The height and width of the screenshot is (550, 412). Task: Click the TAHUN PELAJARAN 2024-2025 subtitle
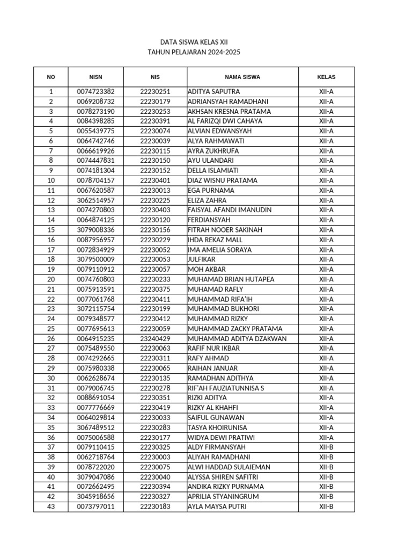coord(194,52)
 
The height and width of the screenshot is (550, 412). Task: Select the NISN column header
coord(95,77)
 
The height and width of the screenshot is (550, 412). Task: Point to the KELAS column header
coord(326,77)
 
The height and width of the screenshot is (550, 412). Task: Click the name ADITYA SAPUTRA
coord(214,92)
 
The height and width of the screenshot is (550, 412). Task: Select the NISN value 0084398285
coord(95,121)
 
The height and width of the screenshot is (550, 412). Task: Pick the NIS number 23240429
coord(155,339)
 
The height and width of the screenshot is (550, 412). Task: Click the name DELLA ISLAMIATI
coord(214,171)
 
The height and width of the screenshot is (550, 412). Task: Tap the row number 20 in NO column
coord(51,279)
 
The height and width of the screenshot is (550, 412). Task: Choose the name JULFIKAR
coord(202,259)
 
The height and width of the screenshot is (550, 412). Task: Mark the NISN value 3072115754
coord(95,309)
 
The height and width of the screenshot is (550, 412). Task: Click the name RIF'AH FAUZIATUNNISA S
coord(226,388)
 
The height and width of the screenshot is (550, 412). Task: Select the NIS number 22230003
coord(155,457)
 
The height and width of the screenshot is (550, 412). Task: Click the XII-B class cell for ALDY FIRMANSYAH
coord(326,447)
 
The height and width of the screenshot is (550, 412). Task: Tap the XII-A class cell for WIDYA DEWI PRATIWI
coord(326,437)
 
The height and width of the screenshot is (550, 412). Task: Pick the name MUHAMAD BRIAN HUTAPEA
coord(231,279)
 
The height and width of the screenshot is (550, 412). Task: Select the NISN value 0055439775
coord(95,131)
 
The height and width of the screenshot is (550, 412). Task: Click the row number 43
coord(51,506)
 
